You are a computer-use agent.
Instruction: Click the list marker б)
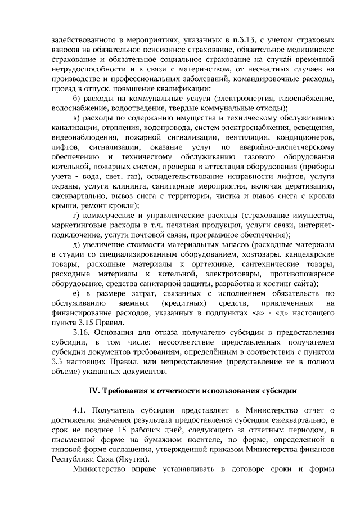[78, 99]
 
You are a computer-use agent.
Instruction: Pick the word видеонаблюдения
[80, 138]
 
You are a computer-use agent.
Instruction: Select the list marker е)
[78, 294]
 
